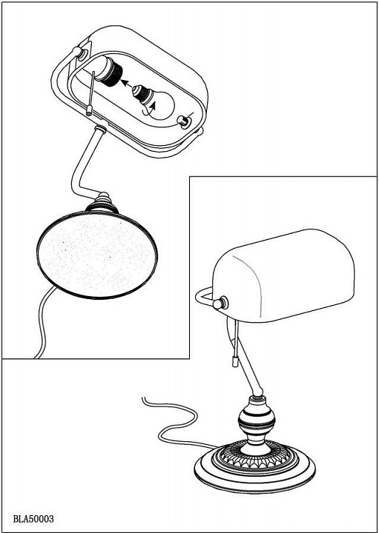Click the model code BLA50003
coord(33,520)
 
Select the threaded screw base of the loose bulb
coord(142,93)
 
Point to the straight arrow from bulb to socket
coord(126,84)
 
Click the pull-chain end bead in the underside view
coord(89,111)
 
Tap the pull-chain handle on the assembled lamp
coord(234,361)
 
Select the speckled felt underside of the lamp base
coord(97,255)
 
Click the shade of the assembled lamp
coord(283,275)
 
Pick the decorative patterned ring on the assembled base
coord(255,455)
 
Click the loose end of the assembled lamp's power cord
coord(143,398)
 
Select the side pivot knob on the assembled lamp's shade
coord(221,303)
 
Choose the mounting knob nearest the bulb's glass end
coord(183,121)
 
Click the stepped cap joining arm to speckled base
coord(102,204)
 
